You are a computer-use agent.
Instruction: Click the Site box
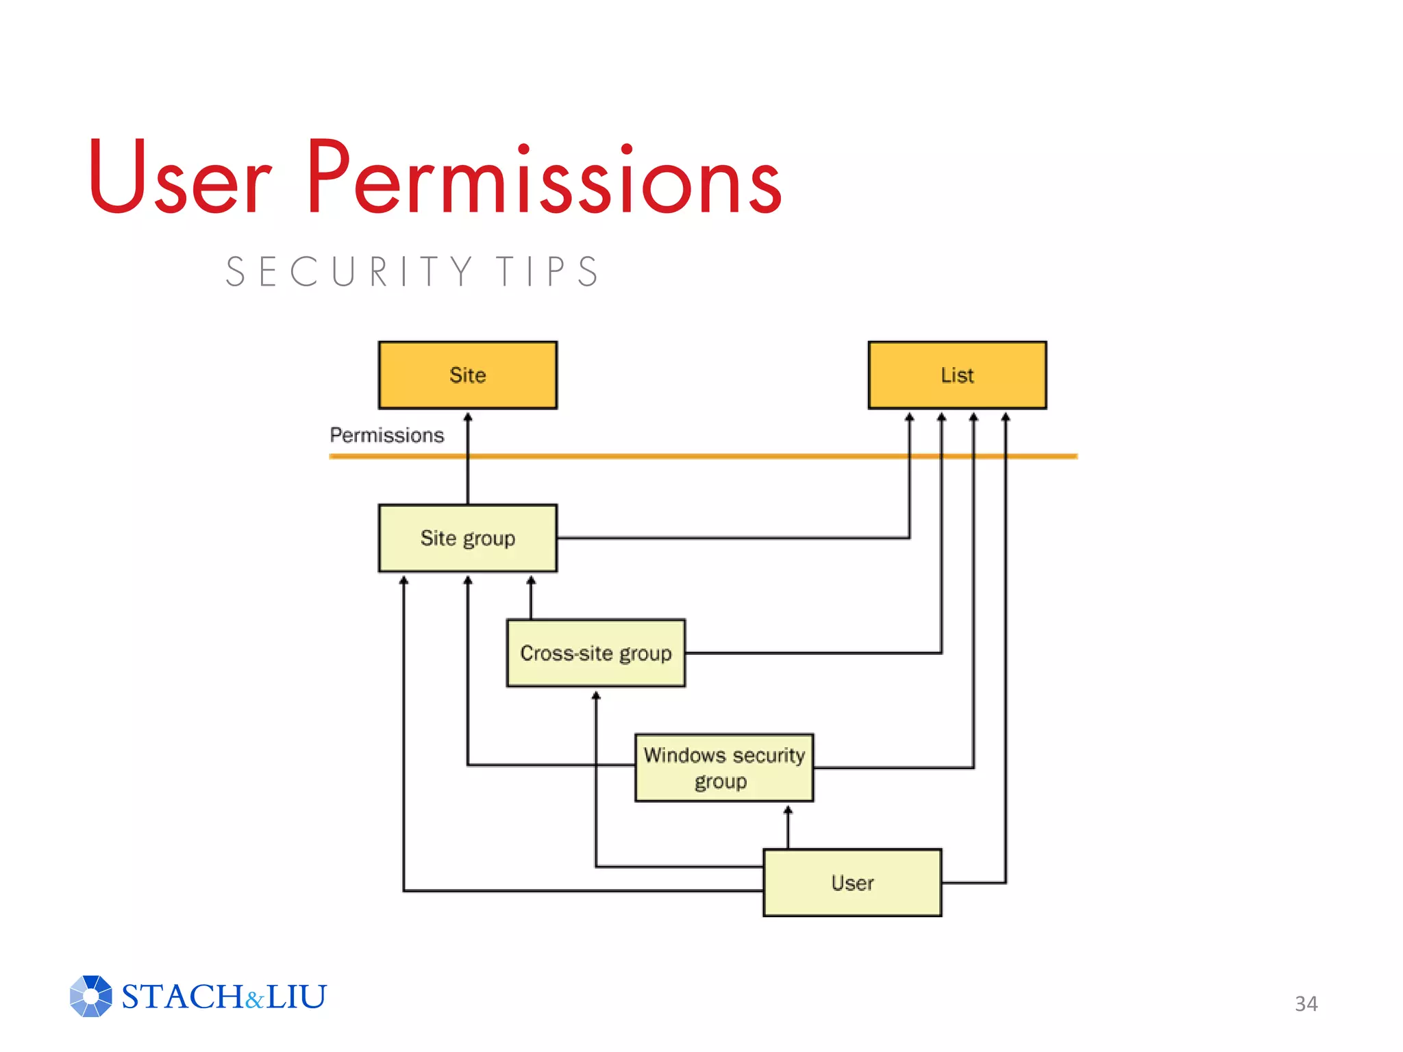pyautogui.click(x=467, y=375)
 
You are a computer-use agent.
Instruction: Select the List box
pyautogui.click(x=957, y=375)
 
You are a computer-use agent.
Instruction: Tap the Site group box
pyautogui.click(x=467, y=538)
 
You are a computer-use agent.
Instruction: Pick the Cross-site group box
pyautogui.click(x=595, y=653)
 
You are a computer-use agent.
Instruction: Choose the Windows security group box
pyautogui.click(x=724, y=768)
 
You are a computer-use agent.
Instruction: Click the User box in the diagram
pyautogui.click(x=852, y=883)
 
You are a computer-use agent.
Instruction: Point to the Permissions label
pyautogui.click(x=387, y=435)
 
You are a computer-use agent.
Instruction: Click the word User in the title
pyautogui.click(x=179, y=177)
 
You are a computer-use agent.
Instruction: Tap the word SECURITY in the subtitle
pyautogui.click(x=349, y=272)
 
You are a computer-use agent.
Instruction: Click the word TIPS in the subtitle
pyautogui.click(x=548, y=272)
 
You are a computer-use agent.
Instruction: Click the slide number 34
pyautogui.click(x=1306, y=1003)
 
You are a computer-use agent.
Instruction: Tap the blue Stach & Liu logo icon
pyautogui.click(x=90, y=996)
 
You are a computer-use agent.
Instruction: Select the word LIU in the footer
pyautogui.click(x=296, y=997)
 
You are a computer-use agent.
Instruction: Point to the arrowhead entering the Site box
pyautogui.click(x=468, y=416)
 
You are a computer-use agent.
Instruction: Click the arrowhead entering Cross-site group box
pyautogui.click(x=596, y=695)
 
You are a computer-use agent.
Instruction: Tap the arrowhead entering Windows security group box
pyautogui.click(x=788, y=810)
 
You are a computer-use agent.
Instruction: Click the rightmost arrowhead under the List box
pyautogui.click(x=1005, y=416)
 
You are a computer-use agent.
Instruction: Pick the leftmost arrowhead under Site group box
pyautogui.click(x=403, y=580)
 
